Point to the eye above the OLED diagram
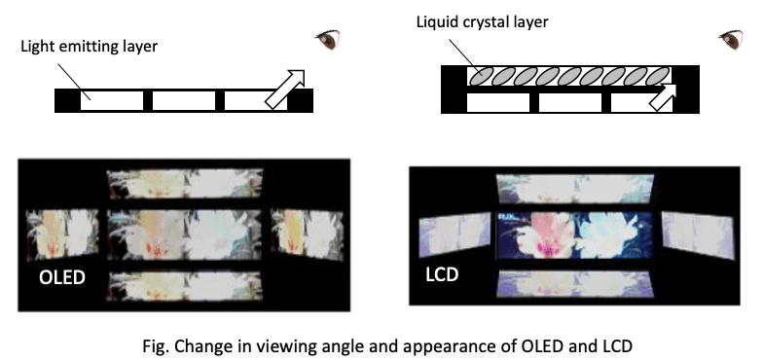[x=327, y=40]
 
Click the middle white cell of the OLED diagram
[x=183, y=99]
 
